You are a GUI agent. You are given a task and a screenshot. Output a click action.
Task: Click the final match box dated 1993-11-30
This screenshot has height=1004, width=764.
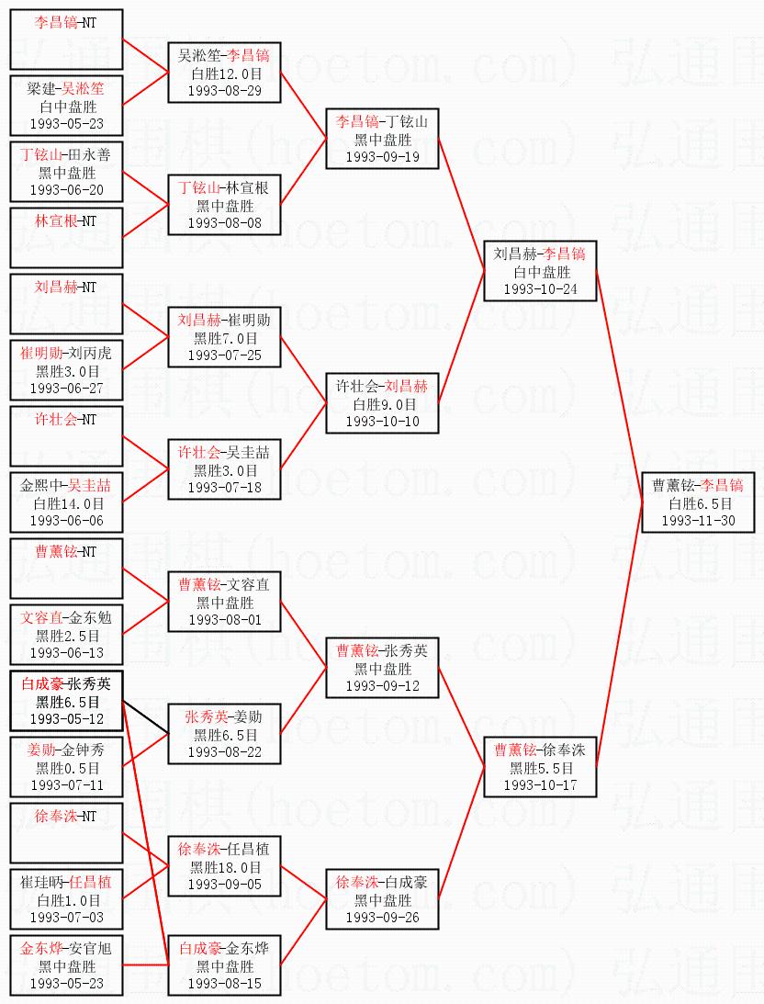pos(697,502)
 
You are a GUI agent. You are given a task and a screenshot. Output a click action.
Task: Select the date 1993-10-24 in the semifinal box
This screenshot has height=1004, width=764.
pos(540,288)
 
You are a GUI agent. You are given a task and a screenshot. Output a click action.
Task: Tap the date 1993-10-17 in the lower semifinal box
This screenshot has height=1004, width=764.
pos(540,785)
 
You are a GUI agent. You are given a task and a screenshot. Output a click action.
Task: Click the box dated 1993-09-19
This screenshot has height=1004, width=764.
pos(382,139)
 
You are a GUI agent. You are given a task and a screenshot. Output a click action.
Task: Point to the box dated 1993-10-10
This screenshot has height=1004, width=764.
pos(382,403)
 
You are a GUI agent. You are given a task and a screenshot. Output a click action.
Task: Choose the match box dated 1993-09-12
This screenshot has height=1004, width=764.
pos(382,668)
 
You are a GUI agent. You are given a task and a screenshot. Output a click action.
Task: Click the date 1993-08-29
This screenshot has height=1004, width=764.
pos(224,90)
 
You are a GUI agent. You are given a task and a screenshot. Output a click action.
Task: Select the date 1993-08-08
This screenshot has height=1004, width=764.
pos(224,222)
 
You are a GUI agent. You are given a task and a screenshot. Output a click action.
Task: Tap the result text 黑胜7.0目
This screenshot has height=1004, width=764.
pos(224,338)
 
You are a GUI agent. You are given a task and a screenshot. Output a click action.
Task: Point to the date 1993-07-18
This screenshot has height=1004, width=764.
pos(224,487)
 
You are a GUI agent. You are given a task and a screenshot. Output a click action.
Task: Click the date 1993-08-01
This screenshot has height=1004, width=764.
pos(224,619)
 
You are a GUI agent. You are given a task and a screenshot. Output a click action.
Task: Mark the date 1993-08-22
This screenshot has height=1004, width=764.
pos(224,751)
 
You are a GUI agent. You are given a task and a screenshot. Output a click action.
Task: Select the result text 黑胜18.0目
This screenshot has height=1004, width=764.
pos(224,867)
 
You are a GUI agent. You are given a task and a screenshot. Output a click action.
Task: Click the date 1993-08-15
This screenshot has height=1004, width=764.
pos(224,983)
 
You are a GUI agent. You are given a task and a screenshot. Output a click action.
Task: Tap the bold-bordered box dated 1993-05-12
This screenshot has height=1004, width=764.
pos(66,701)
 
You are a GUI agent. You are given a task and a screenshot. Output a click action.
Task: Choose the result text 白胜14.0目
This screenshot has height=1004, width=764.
pos(66,503)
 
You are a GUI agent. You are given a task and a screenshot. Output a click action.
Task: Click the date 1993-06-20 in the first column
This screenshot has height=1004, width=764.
pos(66,189)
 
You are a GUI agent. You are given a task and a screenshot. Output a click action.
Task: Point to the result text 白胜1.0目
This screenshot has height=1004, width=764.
pos(66,900)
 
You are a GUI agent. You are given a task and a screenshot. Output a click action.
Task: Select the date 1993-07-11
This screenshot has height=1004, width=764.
pos(66,784)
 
